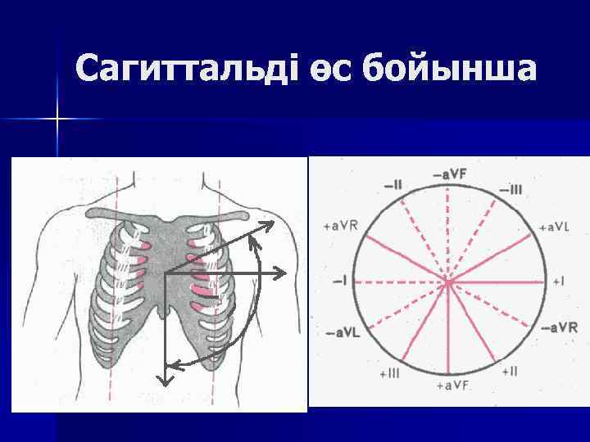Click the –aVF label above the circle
450,174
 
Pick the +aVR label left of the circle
340,225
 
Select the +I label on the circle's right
559,281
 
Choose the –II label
391,186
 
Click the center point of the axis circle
448,282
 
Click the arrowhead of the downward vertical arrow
165,380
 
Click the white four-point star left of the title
57,120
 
